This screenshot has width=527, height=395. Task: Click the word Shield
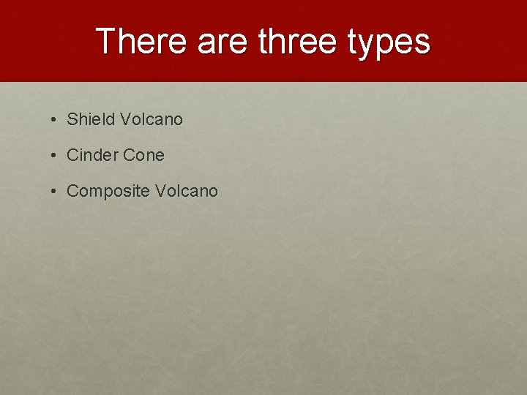point(89,119)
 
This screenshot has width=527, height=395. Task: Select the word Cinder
point(92,155)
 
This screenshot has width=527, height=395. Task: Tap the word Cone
point(144,155)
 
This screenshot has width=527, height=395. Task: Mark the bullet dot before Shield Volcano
point(55,119)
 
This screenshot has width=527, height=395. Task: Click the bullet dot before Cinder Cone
point(55,155)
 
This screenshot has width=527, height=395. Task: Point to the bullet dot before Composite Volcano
point(55,192)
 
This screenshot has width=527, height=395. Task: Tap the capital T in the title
point(106,42)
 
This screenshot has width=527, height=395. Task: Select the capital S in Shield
point(72,119)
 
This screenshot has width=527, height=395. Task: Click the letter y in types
point(370,45)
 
